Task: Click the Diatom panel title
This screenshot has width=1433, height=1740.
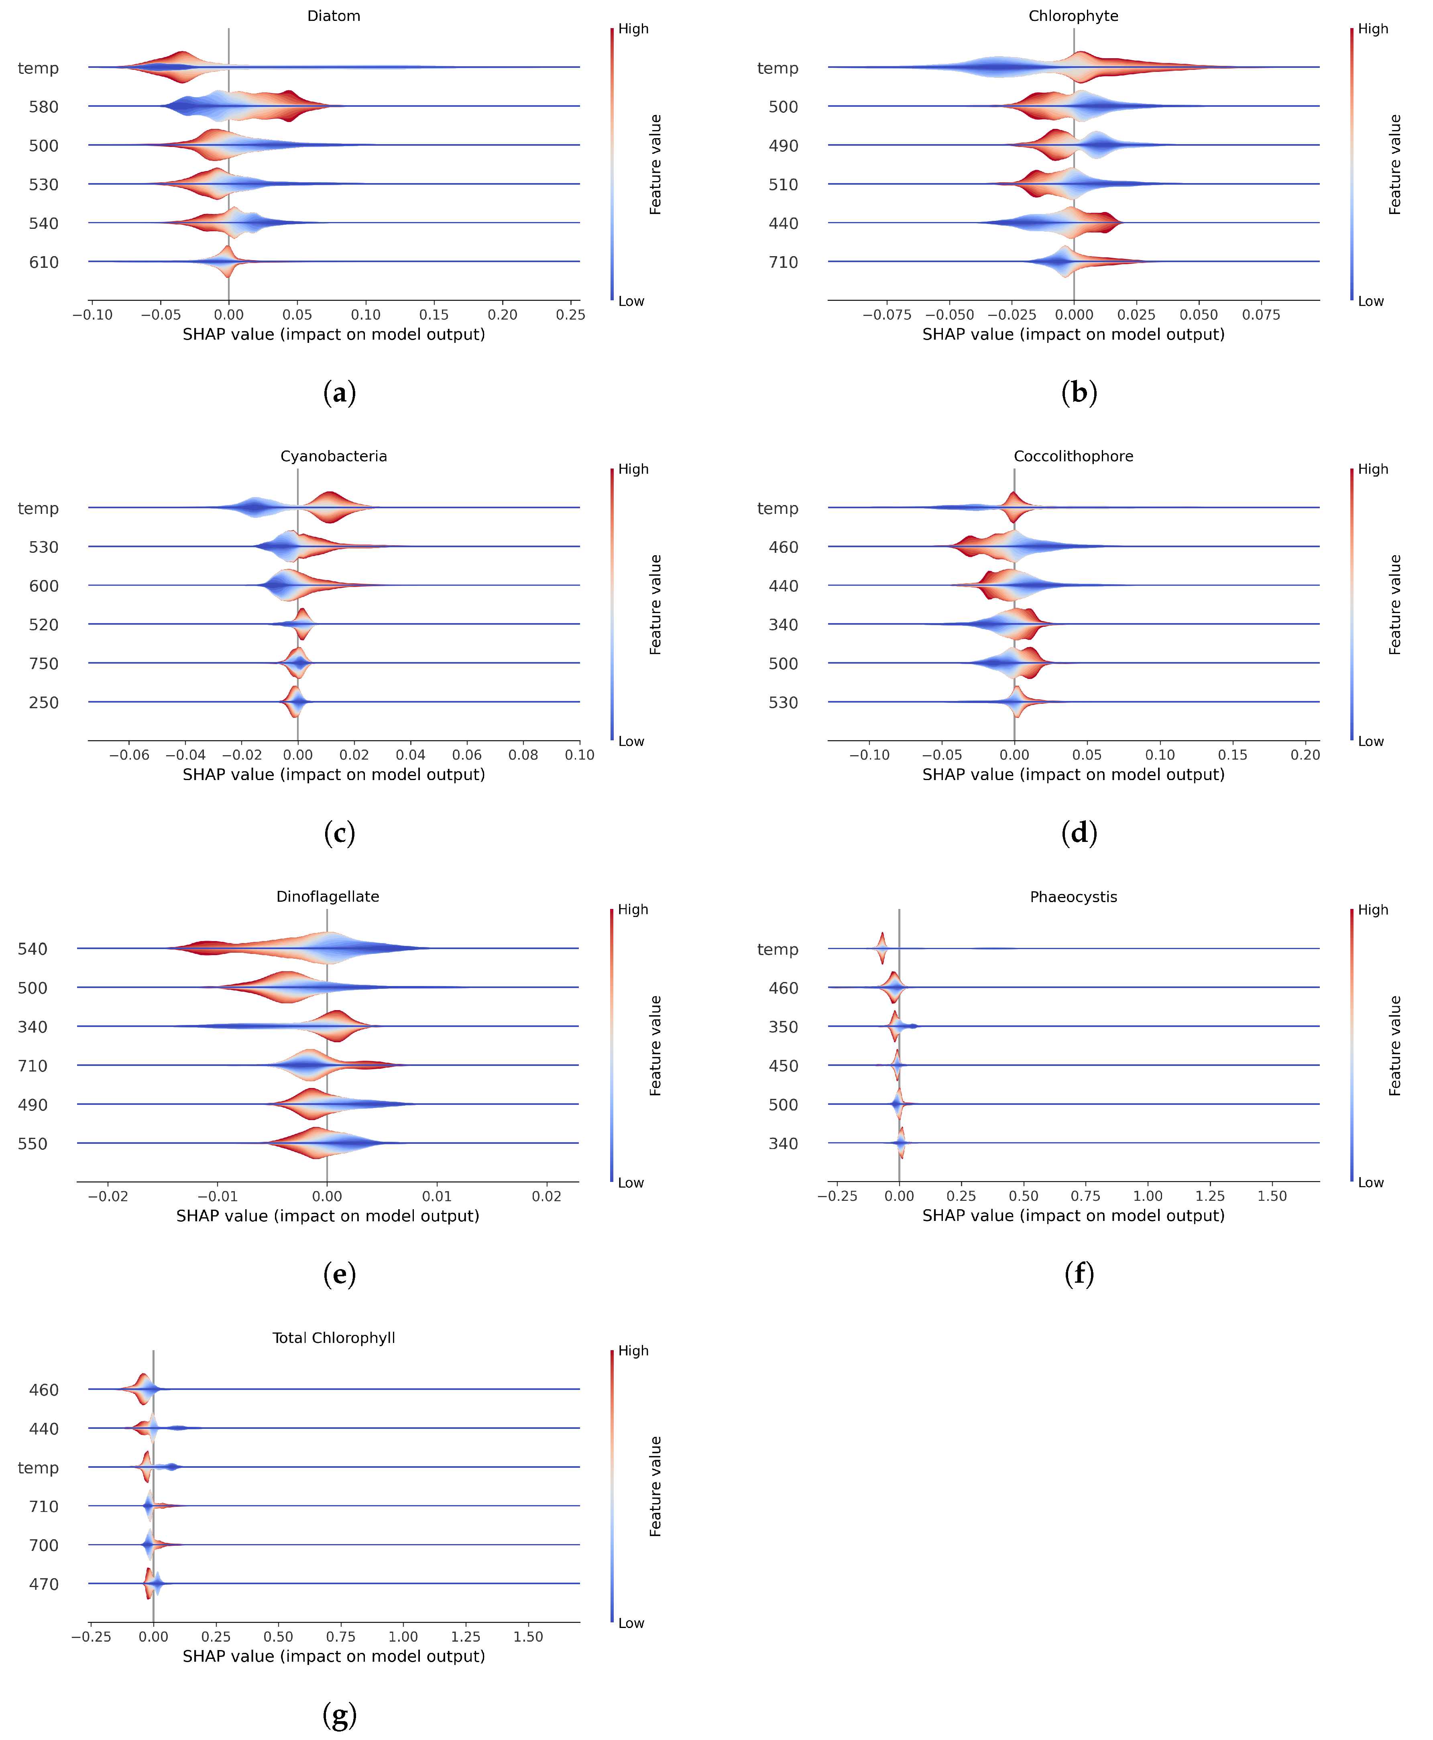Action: tap(334, 16)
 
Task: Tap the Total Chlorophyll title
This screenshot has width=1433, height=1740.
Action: tap(334, 1337)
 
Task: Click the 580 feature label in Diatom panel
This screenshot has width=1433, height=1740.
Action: tap(44, 106)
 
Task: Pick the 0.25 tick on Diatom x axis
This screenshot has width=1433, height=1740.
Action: tap(570, 314)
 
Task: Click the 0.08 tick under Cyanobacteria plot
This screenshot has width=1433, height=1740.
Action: tap(523, 754)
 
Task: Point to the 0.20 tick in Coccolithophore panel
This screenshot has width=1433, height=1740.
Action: tap(1305, 754)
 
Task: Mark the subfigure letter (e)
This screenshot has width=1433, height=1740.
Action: tap(339, 1273)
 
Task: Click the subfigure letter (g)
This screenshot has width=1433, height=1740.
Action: tap(339, 1715)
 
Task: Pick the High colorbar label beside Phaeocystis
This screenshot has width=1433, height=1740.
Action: tap(1373, 910)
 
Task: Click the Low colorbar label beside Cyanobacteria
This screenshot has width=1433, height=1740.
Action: tap(631, 741)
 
